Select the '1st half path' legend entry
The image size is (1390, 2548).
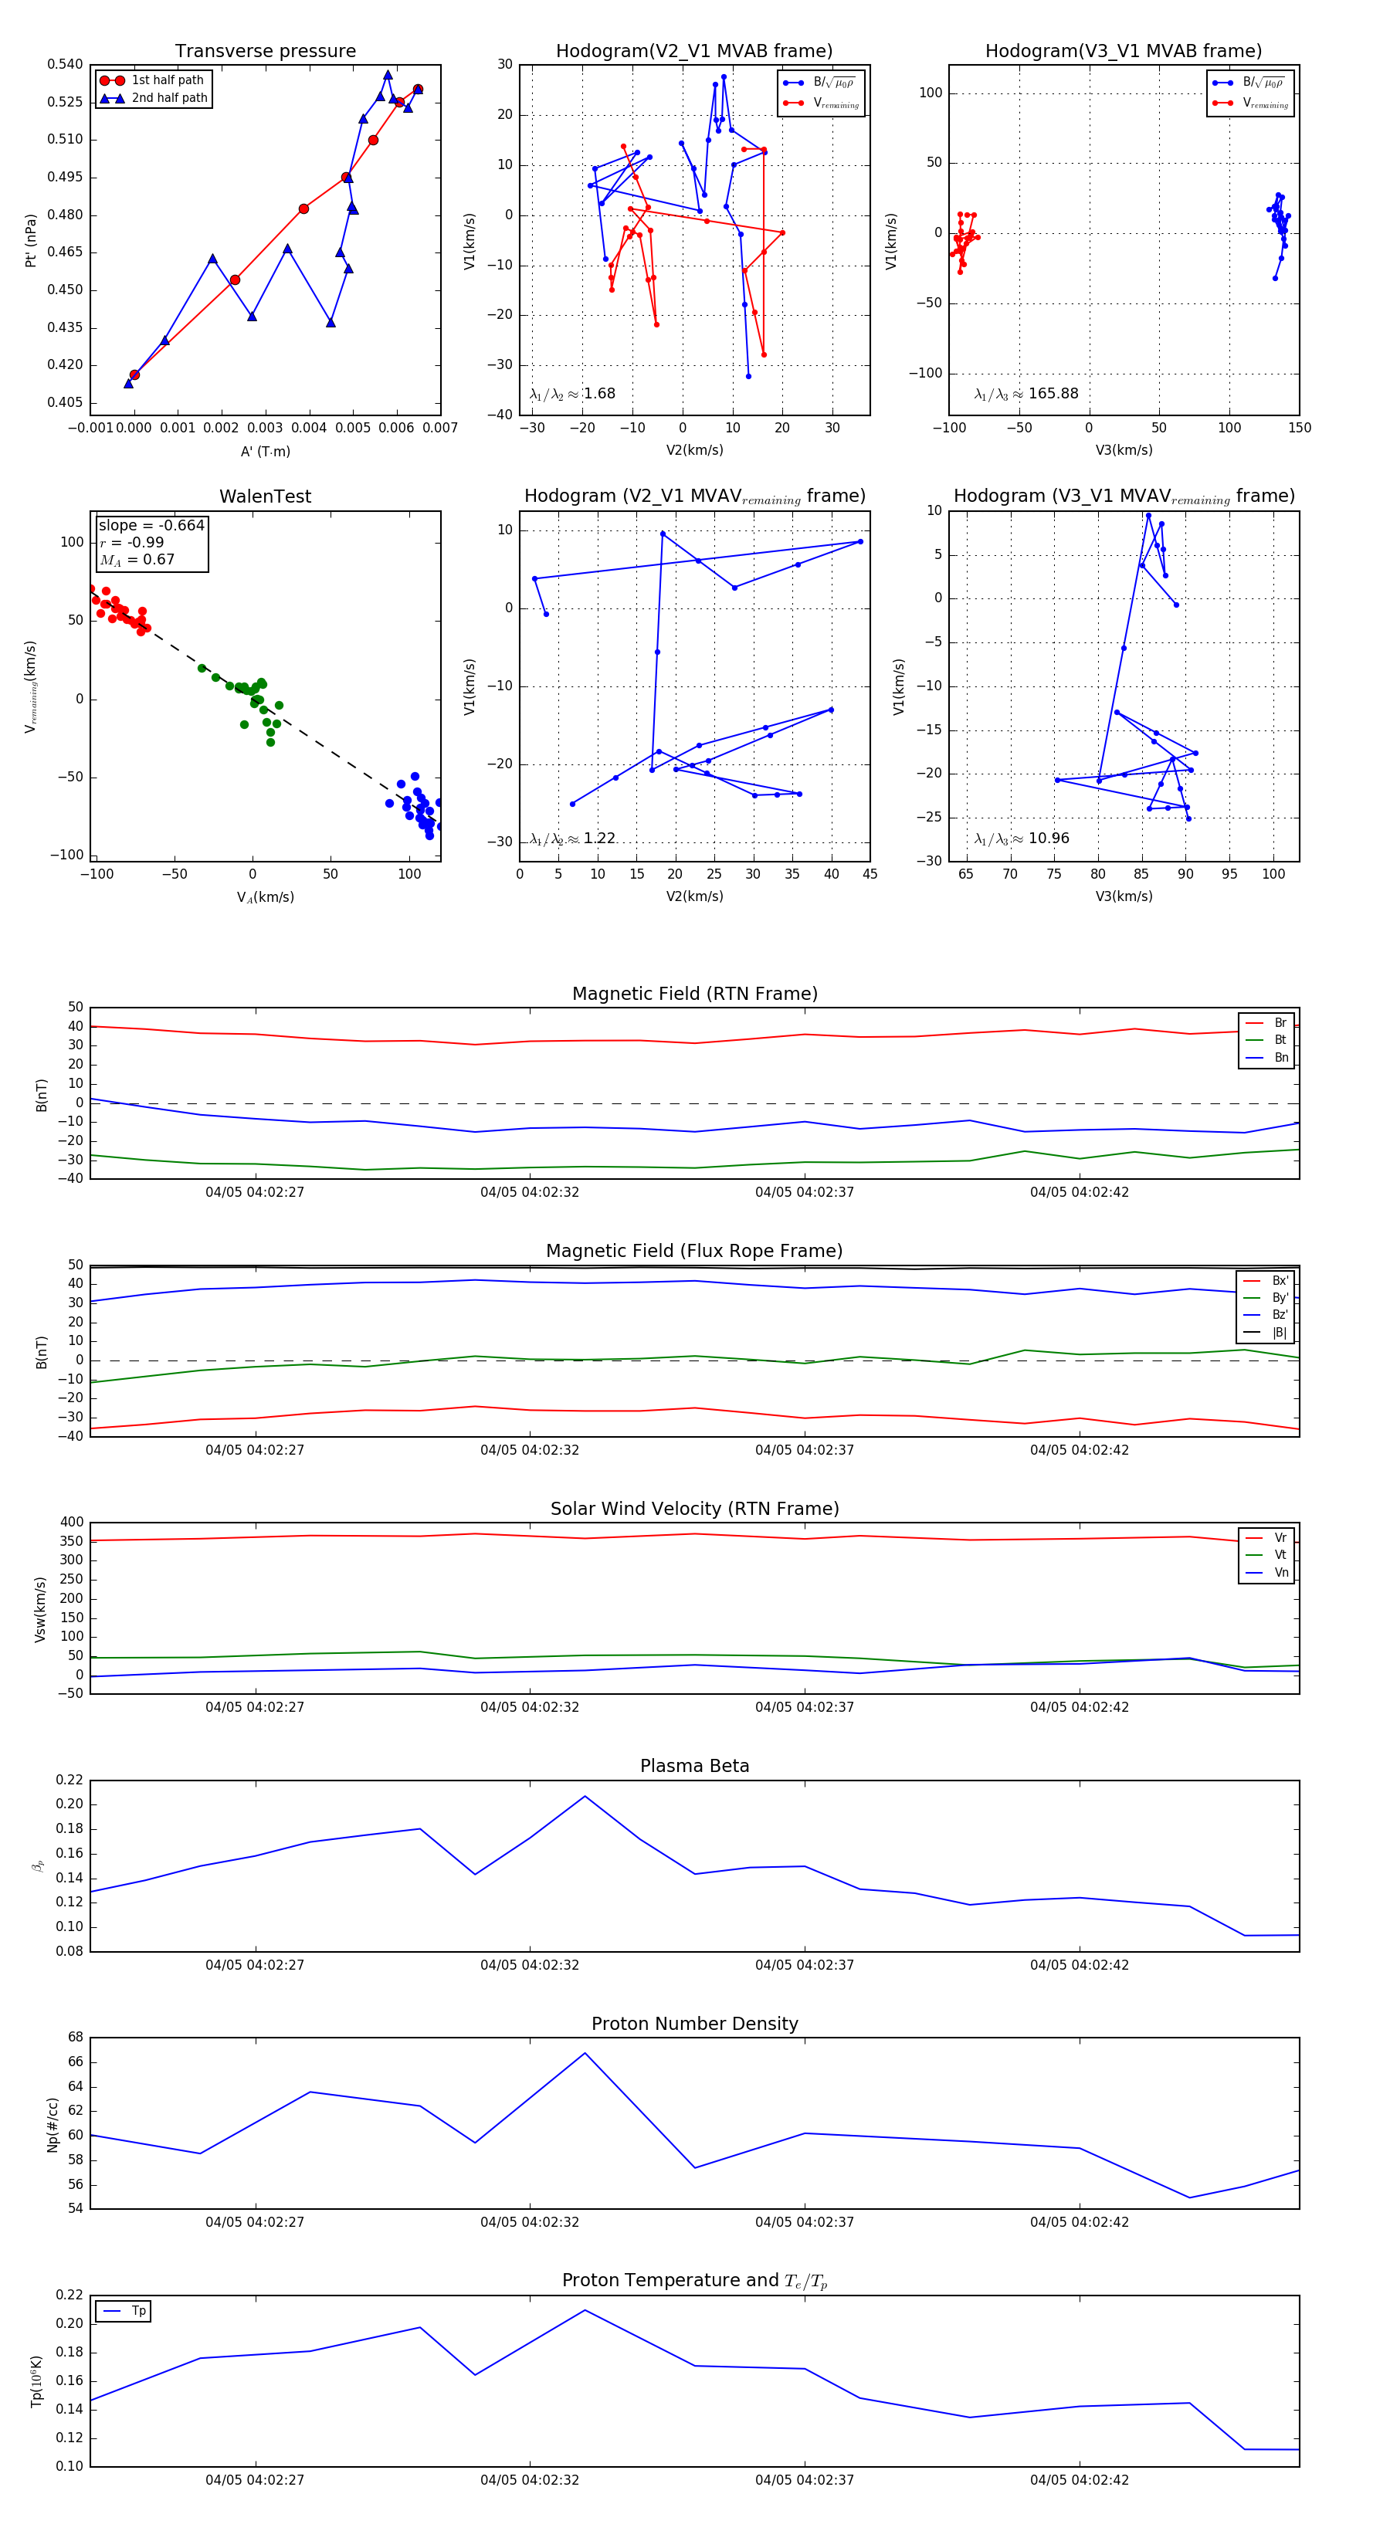(168, 80)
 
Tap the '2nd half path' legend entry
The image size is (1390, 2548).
(169, 98)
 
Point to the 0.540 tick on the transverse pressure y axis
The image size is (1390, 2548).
(66, 64)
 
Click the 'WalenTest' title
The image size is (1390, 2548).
(265, 496)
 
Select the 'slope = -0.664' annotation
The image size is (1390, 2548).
(151, 525)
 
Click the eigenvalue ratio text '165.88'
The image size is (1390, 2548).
(1053, 394)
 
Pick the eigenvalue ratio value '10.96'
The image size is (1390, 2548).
(1049, 839)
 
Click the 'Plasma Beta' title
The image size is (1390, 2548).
(694, 1766)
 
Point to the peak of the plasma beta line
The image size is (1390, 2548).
(585, 1796)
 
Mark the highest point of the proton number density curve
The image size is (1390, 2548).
(585, 2053)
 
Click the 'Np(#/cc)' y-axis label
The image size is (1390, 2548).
(53, 2126)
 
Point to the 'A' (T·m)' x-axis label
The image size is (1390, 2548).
(265, 452)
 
